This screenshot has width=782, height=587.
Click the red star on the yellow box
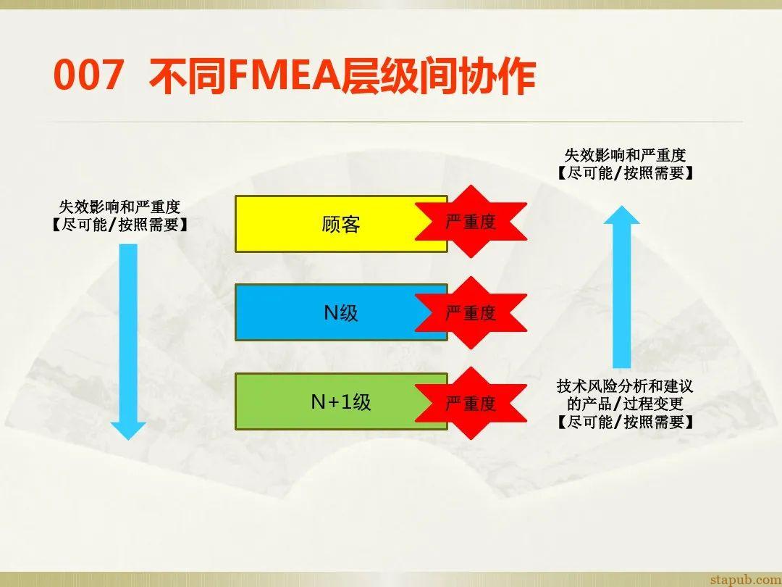click(471, 222)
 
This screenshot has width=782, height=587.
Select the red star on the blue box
click(471, 313)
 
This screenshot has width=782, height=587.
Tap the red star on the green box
click(471, 403)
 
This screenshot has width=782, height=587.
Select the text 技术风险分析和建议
click(625, 386)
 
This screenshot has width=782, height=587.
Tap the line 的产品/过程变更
click(625, 404)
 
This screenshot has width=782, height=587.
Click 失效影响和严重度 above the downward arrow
click(119, 208)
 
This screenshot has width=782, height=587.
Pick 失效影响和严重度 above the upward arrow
click(625, 155)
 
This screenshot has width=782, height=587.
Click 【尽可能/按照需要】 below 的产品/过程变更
click(625, 422)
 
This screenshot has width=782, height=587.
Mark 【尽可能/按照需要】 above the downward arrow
click(119, 225)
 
